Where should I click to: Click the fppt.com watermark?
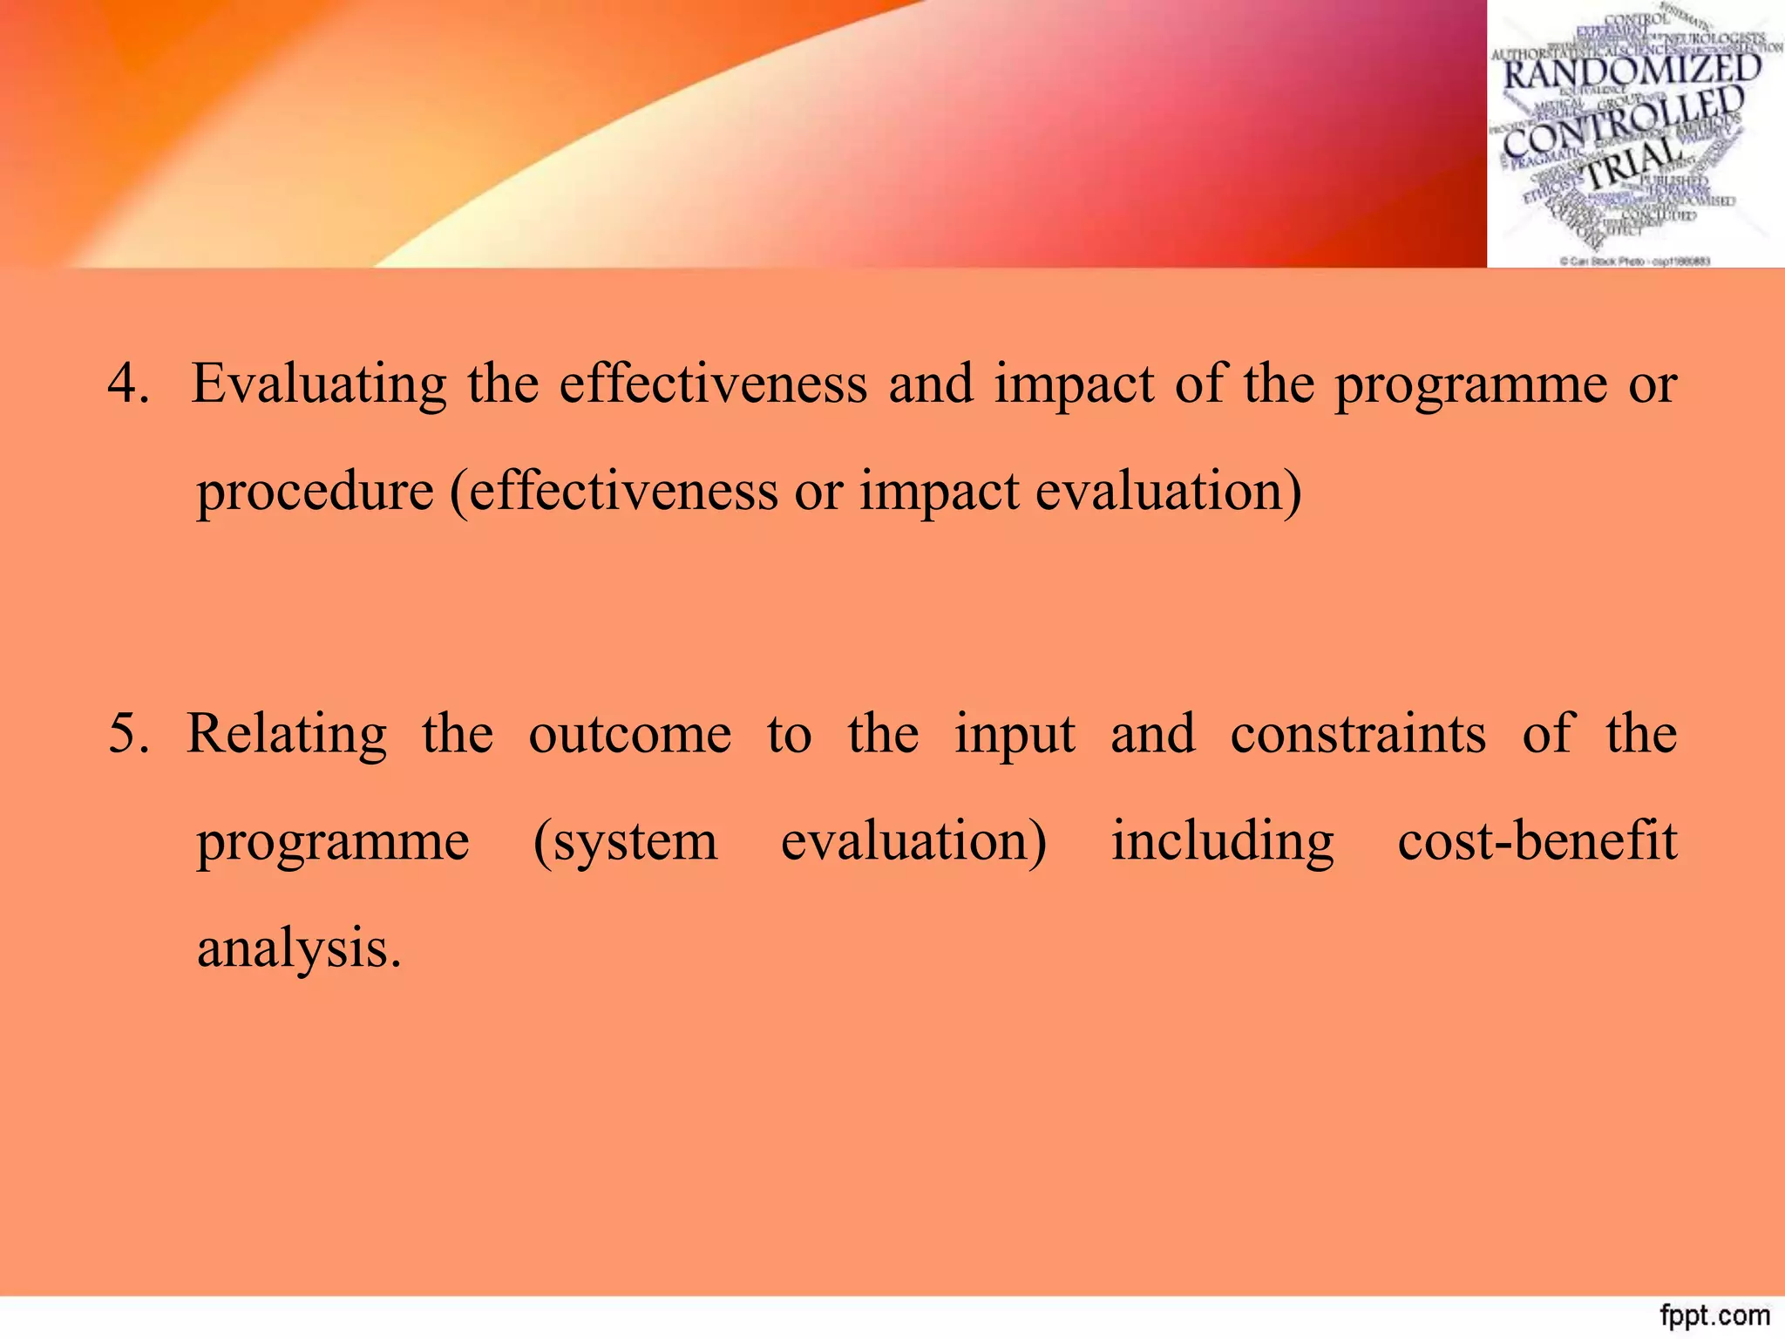pos(1714,1315)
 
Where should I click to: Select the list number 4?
pos(127,384)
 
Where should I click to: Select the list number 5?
pos(127,733)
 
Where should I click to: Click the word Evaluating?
pos(318,384)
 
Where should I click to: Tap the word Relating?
pos(287,733)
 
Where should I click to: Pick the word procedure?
pos(315,491)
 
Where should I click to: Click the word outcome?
pos(629,733)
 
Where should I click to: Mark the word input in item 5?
pos(1015,733)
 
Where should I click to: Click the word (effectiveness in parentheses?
pos(613,491)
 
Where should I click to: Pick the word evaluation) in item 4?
pos(1168,491)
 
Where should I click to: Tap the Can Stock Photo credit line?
pos(1634,261)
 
